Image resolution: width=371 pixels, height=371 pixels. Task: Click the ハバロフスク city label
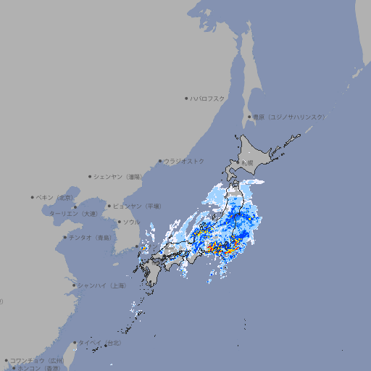208,98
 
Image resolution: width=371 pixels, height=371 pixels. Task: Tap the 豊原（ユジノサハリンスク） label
289,117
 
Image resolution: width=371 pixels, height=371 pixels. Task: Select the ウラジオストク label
185,161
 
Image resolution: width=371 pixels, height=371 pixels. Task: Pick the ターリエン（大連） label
73,214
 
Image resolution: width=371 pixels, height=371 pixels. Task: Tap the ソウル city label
131,222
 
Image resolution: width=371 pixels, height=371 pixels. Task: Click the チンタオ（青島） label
91,237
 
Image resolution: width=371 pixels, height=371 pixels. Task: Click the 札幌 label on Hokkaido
248,162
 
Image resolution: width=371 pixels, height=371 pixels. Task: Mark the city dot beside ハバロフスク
186,98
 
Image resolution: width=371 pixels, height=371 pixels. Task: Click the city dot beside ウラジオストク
160,161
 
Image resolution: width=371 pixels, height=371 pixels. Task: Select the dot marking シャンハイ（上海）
74,285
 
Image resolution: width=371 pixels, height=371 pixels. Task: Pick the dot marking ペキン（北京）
33,197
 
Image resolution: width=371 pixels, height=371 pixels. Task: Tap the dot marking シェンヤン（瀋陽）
90,176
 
